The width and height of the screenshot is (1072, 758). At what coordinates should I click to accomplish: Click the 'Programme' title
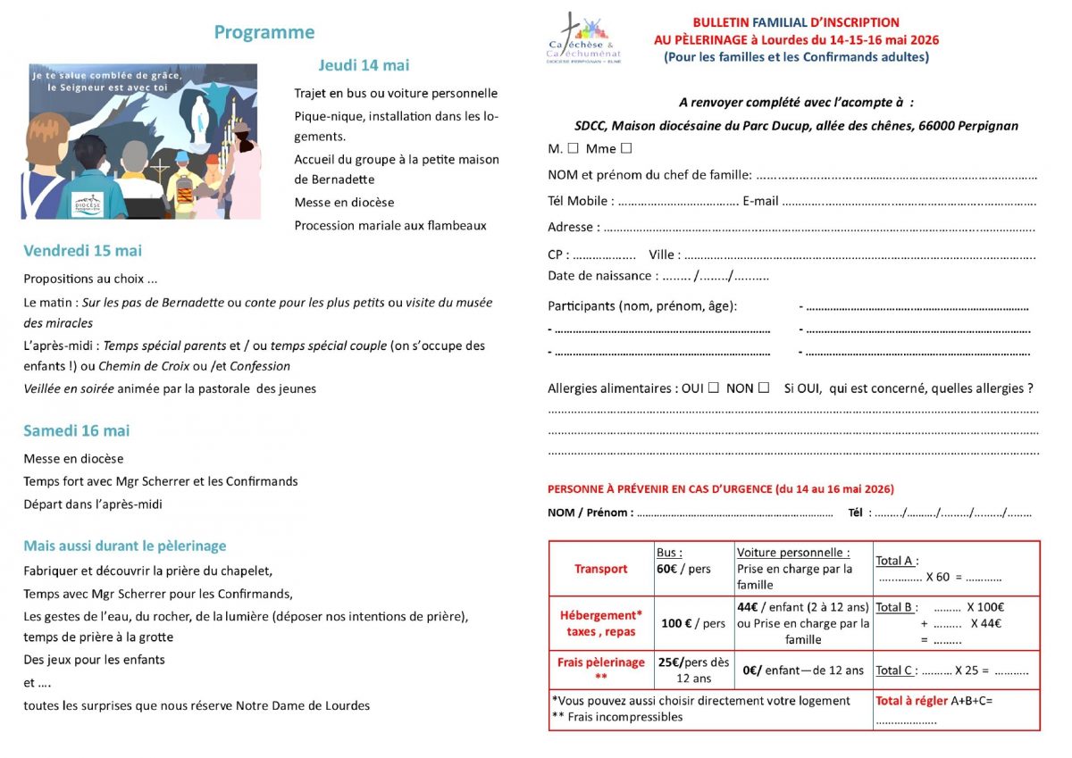pos(264,32)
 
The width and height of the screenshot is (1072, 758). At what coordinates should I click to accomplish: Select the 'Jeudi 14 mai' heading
pos(364,65)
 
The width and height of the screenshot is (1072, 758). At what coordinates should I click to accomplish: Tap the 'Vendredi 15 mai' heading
pos(82,251)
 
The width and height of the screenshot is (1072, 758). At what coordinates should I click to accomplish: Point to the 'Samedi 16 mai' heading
pos(77,430)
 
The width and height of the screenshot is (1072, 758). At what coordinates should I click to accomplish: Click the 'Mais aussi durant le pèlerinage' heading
pos(125,546)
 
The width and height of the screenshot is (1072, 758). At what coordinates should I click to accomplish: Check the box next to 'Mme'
pos(626,148)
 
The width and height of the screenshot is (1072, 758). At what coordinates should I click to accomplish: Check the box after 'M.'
pos(573,148)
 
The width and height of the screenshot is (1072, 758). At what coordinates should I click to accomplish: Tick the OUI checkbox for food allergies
pos(713,387)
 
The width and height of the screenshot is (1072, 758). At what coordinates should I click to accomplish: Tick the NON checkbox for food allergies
pos(764,387)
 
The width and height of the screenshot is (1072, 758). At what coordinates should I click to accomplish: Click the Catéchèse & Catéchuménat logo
pos(583,39)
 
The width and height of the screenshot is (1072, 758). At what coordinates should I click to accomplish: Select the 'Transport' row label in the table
pos(601,569)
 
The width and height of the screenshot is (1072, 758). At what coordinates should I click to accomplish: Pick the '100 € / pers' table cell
pos(693,623)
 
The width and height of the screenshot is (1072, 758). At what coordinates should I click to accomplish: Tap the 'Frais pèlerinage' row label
pos(601,662)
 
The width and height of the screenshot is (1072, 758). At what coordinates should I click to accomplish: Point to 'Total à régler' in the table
pos(911,701)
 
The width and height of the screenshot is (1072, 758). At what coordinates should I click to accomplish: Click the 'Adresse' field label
pos(574,228)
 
